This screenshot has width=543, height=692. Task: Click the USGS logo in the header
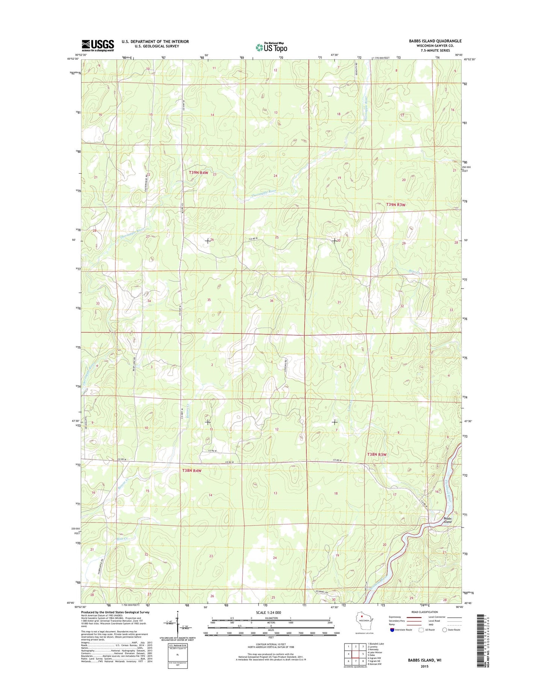point(98,45)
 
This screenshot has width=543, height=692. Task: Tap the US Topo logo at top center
point(271,47)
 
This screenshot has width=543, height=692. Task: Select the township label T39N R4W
point(198,172)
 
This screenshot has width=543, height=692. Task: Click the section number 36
point(271,301)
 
